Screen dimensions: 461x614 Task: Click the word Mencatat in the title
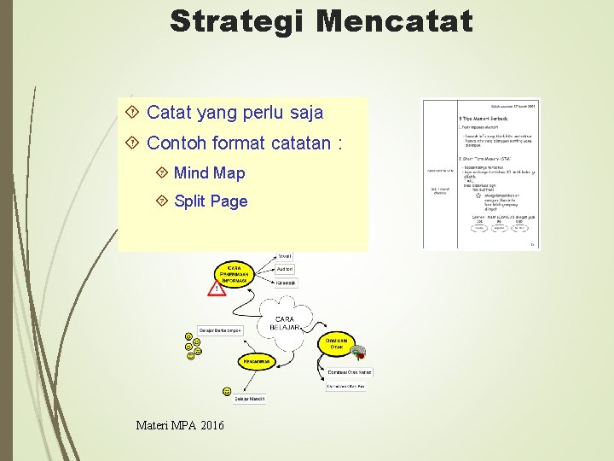pyautogui.click(x=393, y=20)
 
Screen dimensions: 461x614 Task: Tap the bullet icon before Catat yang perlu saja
pyautogui.click(x=131, y=112)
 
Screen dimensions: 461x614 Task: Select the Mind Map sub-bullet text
pyautogui.click(x=209, y=173)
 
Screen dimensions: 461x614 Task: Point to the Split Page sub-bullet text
pyautogui.click(x=211, y=201)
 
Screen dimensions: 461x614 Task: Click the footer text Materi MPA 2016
pyautogui.click(x=180, y=424)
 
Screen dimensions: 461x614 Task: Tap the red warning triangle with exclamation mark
pyautogui.click(x=217, y=289)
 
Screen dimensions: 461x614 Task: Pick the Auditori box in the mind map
pyautogui.click(x=285, y=269)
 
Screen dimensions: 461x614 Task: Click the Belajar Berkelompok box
pyautogui.click(x=220, y=330)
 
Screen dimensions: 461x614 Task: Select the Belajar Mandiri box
pyautogui.click(x=250, y=398)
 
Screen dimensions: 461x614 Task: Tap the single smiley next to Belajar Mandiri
pyautogui.click(x=227, y=391)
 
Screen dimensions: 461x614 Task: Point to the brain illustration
pyautogui.click(x=360, y=352)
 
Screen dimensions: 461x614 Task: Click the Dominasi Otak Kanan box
pyautogui.click(x=349, y=372)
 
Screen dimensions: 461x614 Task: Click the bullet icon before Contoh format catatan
pyautogui.click(x=131, y=143)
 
